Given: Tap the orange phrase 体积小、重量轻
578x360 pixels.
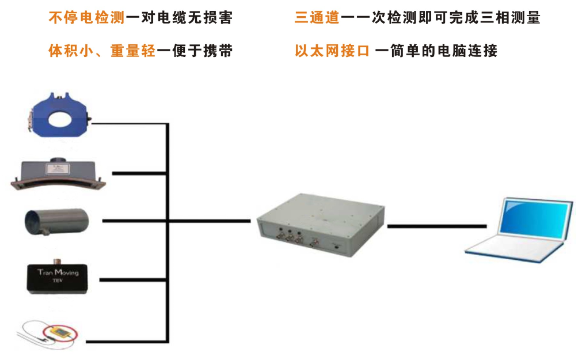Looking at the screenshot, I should pyautogui.click(x=102, y=51).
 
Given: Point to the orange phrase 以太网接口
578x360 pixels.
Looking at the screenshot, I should pyautogui.click(x=332, y=51).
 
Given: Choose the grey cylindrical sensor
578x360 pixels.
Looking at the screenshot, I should pyautogui.click(x=58, y=221).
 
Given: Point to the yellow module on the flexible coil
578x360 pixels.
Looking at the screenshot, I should pyautogui.click(x=59, y=332).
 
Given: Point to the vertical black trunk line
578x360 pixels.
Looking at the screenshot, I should pyautogui.click(x=168, y=230).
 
